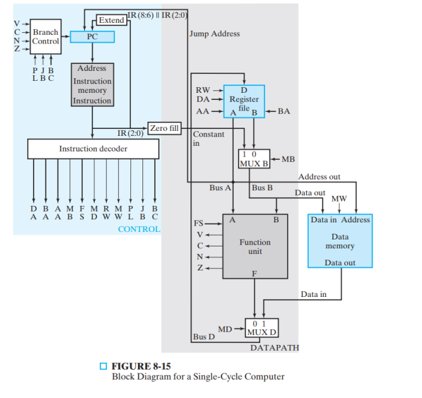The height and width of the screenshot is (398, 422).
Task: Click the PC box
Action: click(92, 37)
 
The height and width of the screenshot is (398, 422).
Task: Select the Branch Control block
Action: click(46, 37)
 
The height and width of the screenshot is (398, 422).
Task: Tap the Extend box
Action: click(111, 20)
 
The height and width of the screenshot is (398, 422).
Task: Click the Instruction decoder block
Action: click(93, 149)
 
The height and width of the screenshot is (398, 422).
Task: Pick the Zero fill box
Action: click(164, 128)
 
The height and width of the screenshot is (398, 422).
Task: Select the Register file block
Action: click(244, 100)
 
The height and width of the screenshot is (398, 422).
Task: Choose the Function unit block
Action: click(255, 246)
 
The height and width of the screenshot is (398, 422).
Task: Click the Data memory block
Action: click(340, 241)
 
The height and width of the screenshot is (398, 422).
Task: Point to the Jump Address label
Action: click(214, 33)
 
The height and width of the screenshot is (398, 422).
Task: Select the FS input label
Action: click(198, 223)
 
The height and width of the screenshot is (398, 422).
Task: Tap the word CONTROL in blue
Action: click(139, 229)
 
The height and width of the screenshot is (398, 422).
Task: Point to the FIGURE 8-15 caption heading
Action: click(141, 366)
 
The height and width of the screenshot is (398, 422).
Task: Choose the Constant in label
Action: click(208, 138)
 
